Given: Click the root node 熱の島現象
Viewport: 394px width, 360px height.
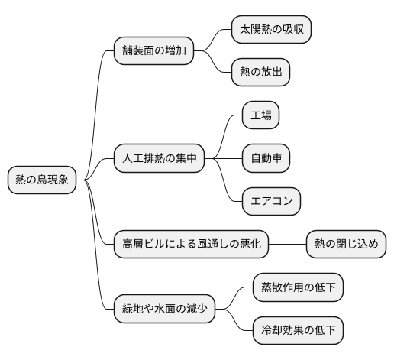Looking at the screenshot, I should point(42,180).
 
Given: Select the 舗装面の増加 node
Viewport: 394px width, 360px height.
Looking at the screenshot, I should point(153,51).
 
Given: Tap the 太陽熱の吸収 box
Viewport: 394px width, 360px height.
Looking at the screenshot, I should point(272,30).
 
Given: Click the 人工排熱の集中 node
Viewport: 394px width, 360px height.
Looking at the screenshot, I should point(159,159).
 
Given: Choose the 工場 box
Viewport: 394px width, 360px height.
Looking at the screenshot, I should point(260,116).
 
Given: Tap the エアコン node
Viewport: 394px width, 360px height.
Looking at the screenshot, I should point(271,202).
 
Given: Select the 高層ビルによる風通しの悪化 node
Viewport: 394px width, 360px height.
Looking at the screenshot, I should point(192,245).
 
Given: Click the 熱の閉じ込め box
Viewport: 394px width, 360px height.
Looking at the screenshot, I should point(346,245).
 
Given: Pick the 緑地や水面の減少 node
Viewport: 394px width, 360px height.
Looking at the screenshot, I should point(164,310).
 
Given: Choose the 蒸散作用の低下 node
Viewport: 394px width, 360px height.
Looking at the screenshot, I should point(298,288).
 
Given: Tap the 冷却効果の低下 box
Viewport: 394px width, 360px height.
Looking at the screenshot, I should point(298,331).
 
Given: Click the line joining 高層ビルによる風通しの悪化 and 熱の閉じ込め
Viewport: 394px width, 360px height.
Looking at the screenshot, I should point(288,245).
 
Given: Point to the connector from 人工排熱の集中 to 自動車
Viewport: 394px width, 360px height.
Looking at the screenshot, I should point(223,159).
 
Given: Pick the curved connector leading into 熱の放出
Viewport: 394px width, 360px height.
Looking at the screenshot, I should point(215,64).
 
